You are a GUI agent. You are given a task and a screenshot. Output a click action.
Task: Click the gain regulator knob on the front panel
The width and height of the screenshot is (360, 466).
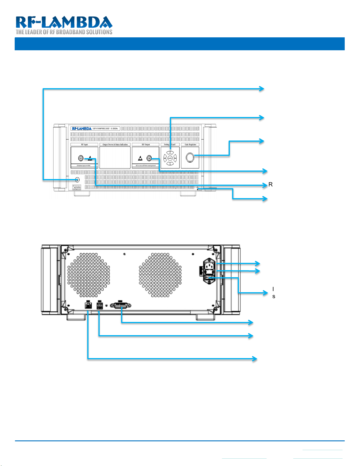click(x=190, y=158)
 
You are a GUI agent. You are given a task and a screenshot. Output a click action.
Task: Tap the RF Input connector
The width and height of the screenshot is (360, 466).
click(x=81, y=158)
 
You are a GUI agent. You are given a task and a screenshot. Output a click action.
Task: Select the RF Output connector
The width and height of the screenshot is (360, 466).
click(x=149, y=158)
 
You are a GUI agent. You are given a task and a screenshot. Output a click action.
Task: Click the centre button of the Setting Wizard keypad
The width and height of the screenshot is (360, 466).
click(x=170, y=158)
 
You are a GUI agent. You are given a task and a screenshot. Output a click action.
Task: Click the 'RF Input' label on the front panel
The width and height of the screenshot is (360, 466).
click(x=84, y=145)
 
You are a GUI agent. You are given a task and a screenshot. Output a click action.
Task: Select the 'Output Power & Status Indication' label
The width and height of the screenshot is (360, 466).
click(x=115, y=145)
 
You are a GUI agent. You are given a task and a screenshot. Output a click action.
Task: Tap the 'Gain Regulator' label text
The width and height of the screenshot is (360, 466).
click(x=190, y=145)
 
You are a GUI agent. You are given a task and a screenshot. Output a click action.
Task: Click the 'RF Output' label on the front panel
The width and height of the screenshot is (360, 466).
click(x=145, y=145)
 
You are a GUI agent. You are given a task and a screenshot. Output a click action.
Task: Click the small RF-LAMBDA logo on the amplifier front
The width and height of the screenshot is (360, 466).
click(x=81, y=128)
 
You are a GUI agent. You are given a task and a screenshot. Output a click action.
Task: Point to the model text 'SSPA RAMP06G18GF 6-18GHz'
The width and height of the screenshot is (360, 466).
click(x=105, y=128)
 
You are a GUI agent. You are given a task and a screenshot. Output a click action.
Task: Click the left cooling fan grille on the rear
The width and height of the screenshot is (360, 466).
click(x=89, y=275)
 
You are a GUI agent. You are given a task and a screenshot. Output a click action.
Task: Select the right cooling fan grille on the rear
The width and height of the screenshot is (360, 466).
click(x=160, y=275)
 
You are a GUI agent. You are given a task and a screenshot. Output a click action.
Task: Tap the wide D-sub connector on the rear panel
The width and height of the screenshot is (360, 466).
click(x=120, y=306)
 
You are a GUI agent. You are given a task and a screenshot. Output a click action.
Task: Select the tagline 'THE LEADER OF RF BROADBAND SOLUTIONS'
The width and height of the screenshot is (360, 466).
click(x=64, y=32)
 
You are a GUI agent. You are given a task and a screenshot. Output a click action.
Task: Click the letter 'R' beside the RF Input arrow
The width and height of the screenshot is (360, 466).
click(x=271, y=185)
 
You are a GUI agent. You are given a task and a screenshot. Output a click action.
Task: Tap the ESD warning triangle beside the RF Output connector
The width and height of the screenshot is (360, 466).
click(x=140, y=158)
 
